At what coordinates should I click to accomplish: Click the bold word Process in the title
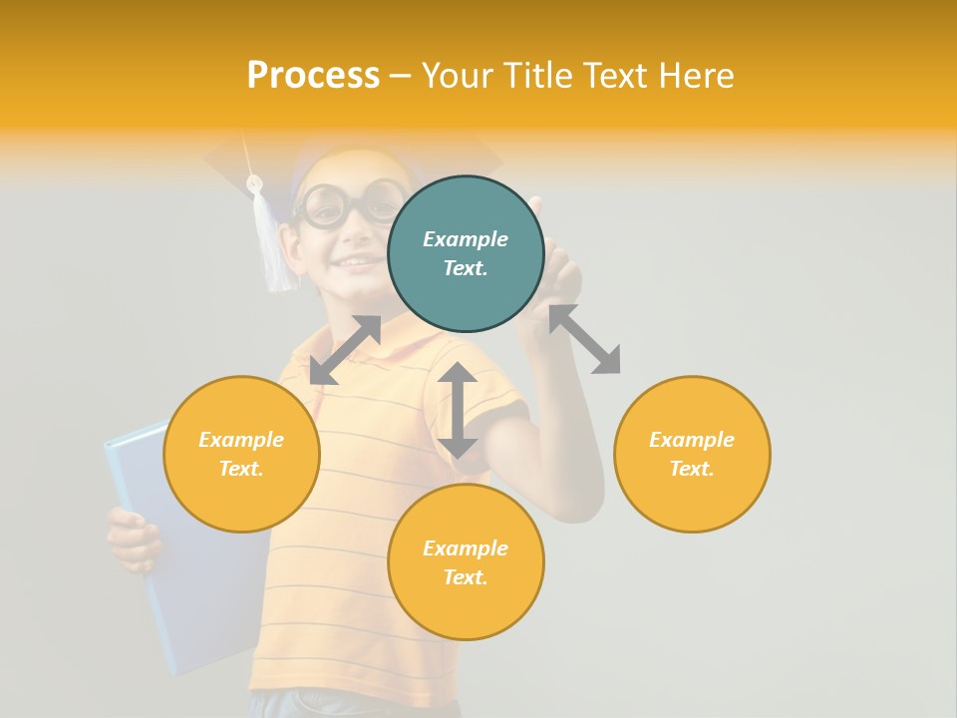pos(313,76)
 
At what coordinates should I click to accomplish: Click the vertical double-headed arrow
pos(458,410)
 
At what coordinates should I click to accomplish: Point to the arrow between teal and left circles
pos(345,350)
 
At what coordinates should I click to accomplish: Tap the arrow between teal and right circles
pos(584,339)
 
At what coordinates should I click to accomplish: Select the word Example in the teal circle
pos(466,239)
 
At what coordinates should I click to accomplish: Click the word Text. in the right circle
pos(692,469)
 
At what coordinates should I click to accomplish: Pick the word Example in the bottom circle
pos(466,548)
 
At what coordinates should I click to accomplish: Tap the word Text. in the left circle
pos(241,469)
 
